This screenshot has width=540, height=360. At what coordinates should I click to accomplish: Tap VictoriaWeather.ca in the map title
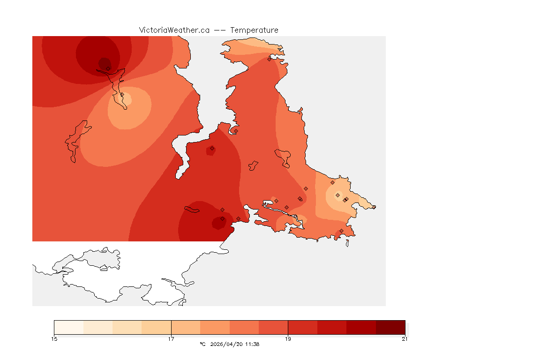[x=174, y=30]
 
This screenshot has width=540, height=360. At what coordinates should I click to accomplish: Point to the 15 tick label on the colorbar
[x=54, y=339]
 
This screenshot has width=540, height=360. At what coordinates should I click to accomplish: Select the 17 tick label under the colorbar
[x=171, y=339]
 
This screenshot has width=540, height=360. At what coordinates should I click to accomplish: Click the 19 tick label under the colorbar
[x=288, y=339]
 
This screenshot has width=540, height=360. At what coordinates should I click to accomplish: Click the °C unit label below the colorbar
[x=202, y=344]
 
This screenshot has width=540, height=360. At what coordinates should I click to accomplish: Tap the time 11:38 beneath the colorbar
[x=252, y=344]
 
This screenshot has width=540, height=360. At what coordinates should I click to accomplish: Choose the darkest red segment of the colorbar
[x=390, y=327]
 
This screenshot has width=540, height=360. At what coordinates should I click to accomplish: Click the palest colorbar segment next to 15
[x=68, y=327]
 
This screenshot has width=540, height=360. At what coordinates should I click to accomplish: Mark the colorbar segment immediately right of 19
[x=302, y=327]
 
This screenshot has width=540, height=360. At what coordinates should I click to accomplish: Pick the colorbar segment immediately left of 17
[x=157, y=327]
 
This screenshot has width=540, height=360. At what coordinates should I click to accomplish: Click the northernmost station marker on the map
[x=270, y=59]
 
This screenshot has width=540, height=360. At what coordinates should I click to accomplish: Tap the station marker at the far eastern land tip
[x=374, y=207]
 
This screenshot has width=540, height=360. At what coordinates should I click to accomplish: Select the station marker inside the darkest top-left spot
[x=108, y=68]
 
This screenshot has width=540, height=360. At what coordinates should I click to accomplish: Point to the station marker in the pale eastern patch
[x=337, y=195]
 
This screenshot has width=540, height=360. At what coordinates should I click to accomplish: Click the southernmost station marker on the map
[x=341, y=231]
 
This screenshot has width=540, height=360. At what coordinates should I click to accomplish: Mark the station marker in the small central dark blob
[x=212, y=148]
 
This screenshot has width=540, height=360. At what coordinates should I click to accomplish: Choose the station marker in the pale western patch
[x=122, y=94]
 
